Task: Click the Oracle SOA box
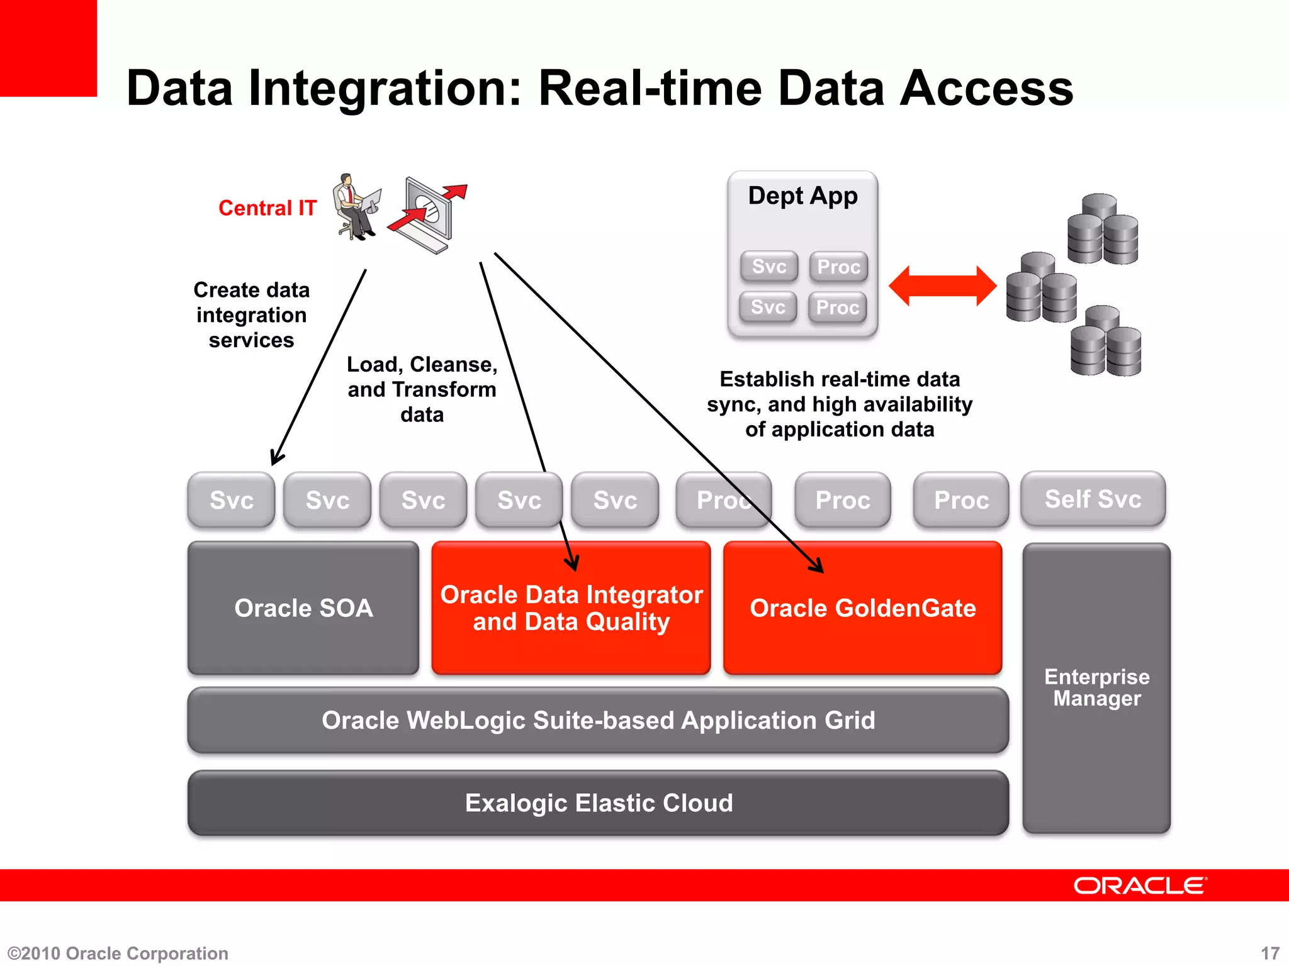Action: pos(303,608)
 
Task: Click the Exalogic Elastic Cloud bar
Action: pos(598,803)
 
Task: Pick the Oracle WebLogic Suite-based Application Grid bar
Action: pos(598,720)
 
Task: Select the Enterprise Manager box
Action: pos(1096,688)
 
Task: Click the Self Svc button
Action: pos(1093,499)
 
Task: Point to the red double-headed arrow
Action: pos(942,286)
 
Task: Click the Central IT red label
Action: pos(267,208)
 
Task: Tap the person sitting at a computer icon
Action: pos(356,208)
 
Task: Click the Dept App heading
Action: pos(802,196)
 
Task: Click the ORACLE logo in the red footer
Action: pos(1140,885)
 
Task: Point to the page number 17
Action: pos(1270,953)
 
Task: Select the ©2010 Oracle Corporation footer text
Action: pos(118,953)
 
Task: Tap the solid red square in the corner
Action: pos(48,48)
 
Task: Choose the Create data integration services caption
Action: pos(251,315)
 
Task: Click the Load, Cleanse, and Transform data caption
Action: pos(422,389)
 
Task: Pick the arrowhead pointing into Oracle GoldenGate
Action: pos(818,567)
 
